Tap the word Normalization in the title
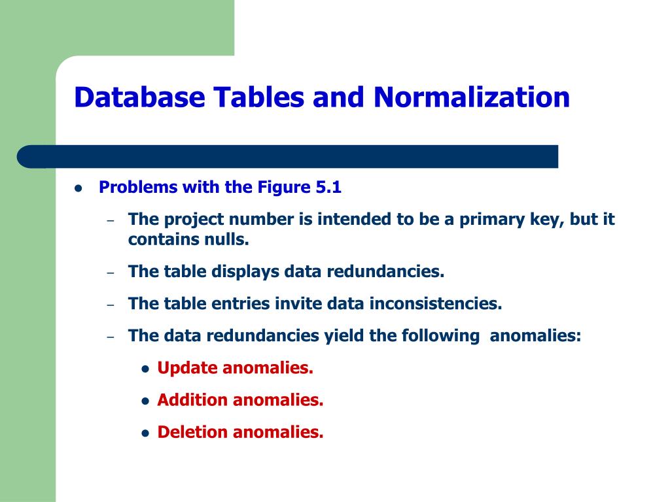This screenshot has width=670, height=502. [472, 97]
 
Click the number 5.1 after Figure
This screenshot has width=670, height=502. [328, 188]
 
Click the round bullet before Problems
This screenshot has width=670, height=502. [79, 188]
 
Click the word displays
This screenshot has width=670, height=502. [245, 271]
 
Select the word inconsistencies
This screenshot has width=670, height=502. [435, 303]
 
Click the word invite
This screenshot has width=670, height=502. [299, 303]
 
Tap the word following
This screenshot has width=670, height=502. [440, 336]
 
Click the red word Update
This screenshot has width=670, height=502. [187, 368]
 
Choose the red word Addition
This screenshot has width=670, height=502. [192, 400]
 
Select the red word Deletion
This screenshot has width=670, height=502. [192, 432]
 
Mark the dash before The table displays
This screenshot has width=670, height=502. [111, 273]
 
